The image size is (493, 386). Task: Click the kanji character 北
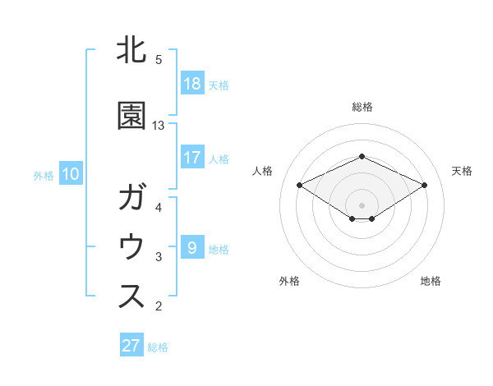click(131, 51)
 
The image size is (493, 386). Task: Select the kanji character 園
click(131, 116)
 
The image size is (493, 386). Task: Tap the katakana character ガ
click(131, 198)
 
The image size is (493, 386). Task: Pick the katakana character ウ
click(131, 247)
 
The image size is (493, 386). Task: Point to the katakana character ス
click(131, 296)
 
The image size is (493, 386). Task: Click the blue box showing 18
click(192, 83)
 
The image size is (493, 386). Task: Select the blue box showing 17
click(192, 158)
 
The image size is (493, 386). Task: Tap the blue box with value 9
click(192, 247)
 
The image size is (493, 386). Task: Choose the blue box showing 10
click(71, 174)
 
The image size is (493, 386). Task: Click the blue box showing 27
click(131, 346)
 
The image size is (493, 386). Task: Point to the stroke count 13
click(159, 126)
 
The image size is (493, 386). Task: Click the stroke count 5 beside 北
click(159, 60)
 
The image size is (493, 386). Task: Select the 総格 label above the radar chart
click(362, 107)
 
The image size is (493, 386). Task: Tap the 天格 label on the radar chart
click(463, 171)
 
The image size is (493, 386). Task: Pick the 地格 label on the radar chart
click(431, 281)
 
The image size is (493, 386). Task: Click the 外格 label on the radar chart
click(289, 281)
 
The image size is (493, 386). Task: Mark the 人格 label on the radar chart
click(263, 171)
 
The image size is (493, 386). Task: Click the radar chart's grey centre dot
click(362, 204)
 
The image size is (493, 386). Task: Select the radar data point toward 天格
click(424, 185)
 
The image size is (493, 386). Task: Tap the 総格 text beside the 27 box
click(158, 347)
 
